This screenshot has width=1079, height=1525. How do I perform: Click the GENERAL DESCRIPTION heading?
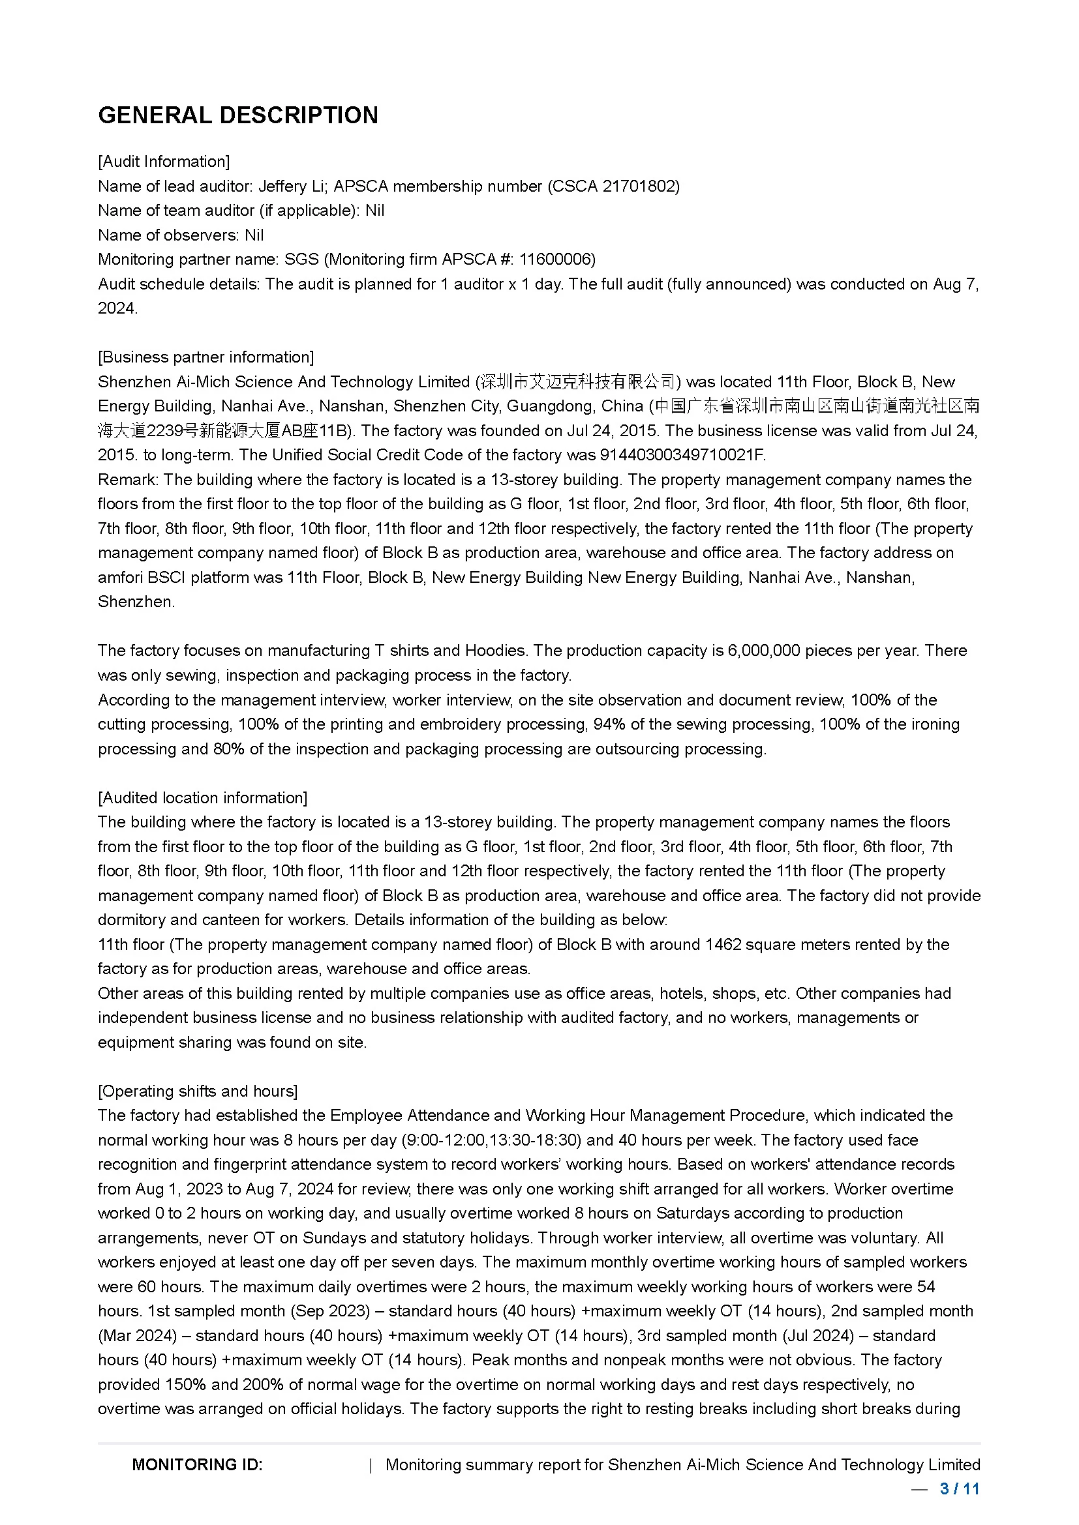[x=238, y=115]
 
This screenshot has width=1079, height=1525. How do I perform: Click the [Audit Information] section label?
[x=164, y=162]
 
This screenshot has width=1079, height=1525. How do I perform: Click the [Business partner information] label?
[x=206, y=357]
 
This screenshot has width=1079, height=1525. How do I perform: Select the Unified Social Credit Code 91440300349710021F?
[x=682, y=455]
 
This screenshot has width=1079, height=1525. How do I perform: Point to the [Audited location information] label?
[x=203, y=797]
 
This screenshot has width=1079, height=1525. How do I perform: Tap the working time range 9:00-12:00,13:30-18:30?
[x=492, y=1140]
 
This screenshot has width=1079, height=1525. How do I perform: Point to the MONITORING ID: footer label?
[x=197, y=1465]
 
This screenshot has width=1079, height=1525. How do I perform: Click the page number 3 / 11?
[x=960, y=1489]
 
